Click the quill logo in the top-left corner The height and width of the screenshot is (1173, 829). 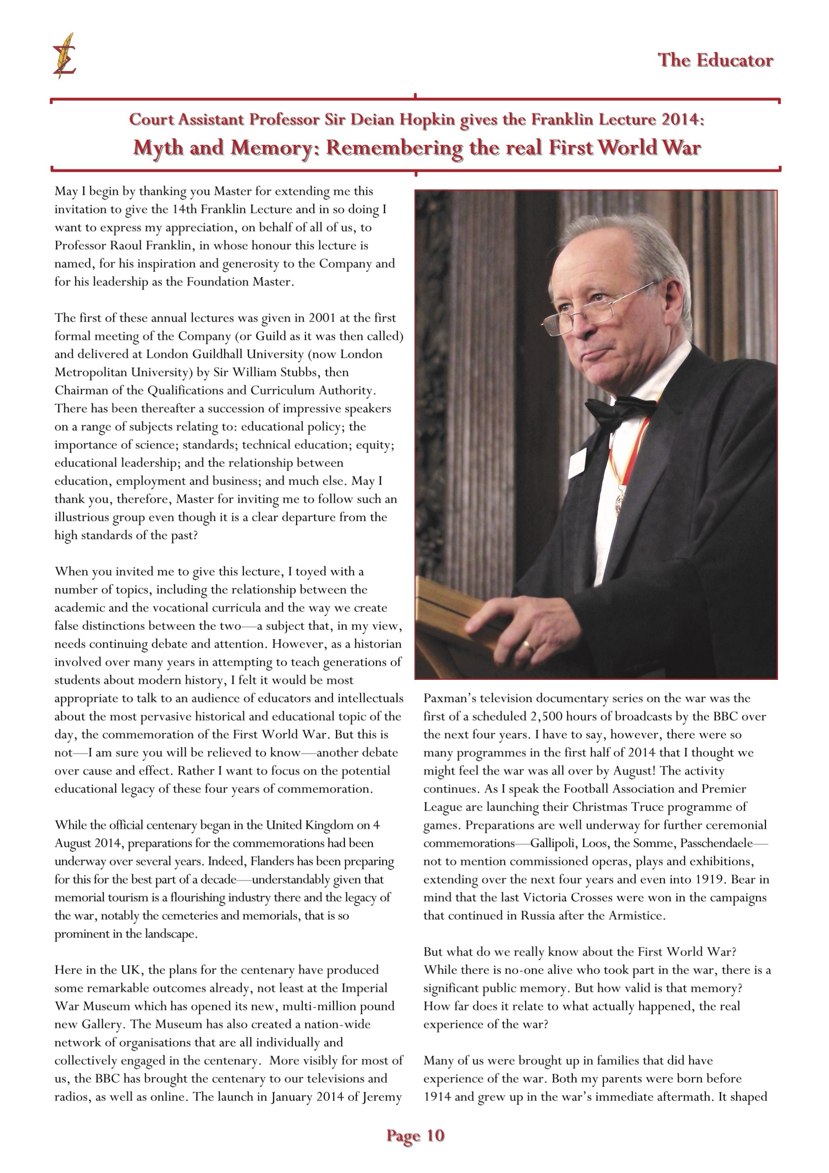point(65,56)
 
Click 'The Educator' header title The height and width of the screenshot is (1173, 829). point(715,60)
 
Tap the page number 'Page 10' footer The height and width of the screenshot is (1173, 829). point(415,1135)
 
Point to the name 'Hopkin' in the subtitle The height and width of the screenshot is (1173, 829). point(427,119)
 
